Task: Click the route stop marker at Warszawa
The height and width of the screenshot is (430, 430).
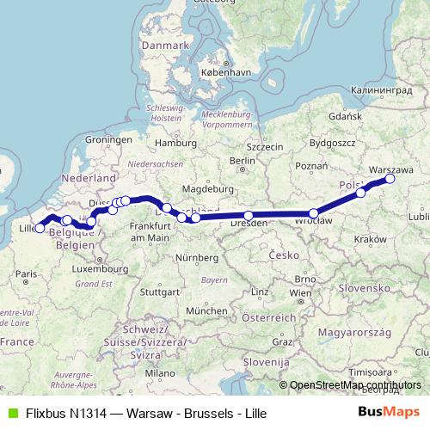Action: point(390,179)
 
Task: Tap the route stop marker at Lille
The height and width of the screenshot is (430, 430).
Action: point(40,228)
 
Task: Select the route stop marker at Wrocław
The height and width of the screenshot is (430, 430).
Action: point(315,213)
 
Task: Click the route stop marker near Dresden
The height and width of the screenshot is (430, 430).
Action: point(249,216)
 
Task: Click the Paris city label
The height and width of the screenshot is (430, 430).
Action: point(25,273)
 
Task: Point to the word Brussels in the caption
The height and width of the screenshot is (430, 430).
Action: point(190,413)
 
